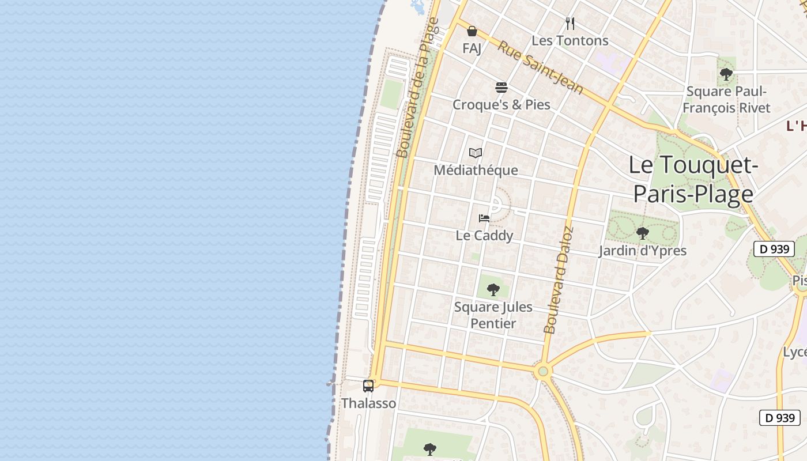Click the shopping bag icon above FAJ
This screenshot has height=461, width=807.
(x=472, y=31)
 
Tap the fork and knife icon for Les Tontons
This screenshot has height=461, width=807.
(x=570, y=24)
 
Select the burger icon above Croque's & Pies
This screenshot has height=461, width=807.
(x=501, y=88)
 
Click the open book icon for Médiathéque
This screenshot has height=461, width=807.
(x=476, y=153)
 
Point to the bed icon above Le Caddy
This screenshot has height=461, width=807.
(x=484, y=218)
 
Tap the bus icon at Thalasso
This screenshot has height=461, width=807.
(x=368, y=386)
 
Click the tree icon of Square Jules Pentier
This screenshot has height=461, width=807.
(x=493, y=289)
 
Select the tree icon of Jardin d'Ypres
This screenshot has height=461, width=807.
(x=642, y=233)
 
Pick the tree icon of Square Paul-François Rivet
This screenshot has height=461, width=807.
(x=726, y=74)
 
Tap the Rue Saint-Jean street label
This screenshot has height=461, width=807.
(x=540, y=67)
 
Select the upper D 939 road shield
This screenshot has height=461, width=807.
(x=774, y=249)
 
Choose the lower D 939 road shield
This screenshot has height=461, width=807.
(x=780, y=418)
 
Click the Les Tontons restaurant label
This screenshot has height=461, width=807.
(x=570, y=41)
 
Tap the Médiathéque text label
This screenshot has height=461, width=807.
(x=476, y=171)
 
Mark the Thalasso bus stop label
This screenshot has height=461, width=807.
(x=369, y=403)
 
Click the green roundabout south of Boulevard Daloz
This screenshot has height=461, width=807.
(x=542, y=371)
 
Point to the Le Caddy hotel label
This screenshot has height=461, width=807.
(x=484, y=236)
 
